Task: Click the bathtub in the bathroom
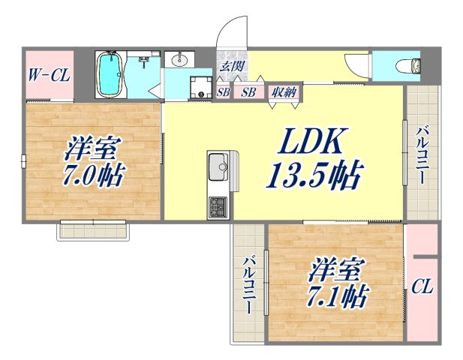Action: pyautogui.click(x=110, y=73)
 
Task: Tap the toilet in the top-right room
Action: pyautogui.click(x=410, y=65)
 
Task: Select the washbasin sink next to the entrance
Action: pyautogui.click(x=179, y=61)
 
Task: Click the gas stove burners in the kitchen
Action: pyautogui.click(x=218, y=205)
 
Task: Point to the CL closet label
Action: pyautogui.click(x=422, y=286)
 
